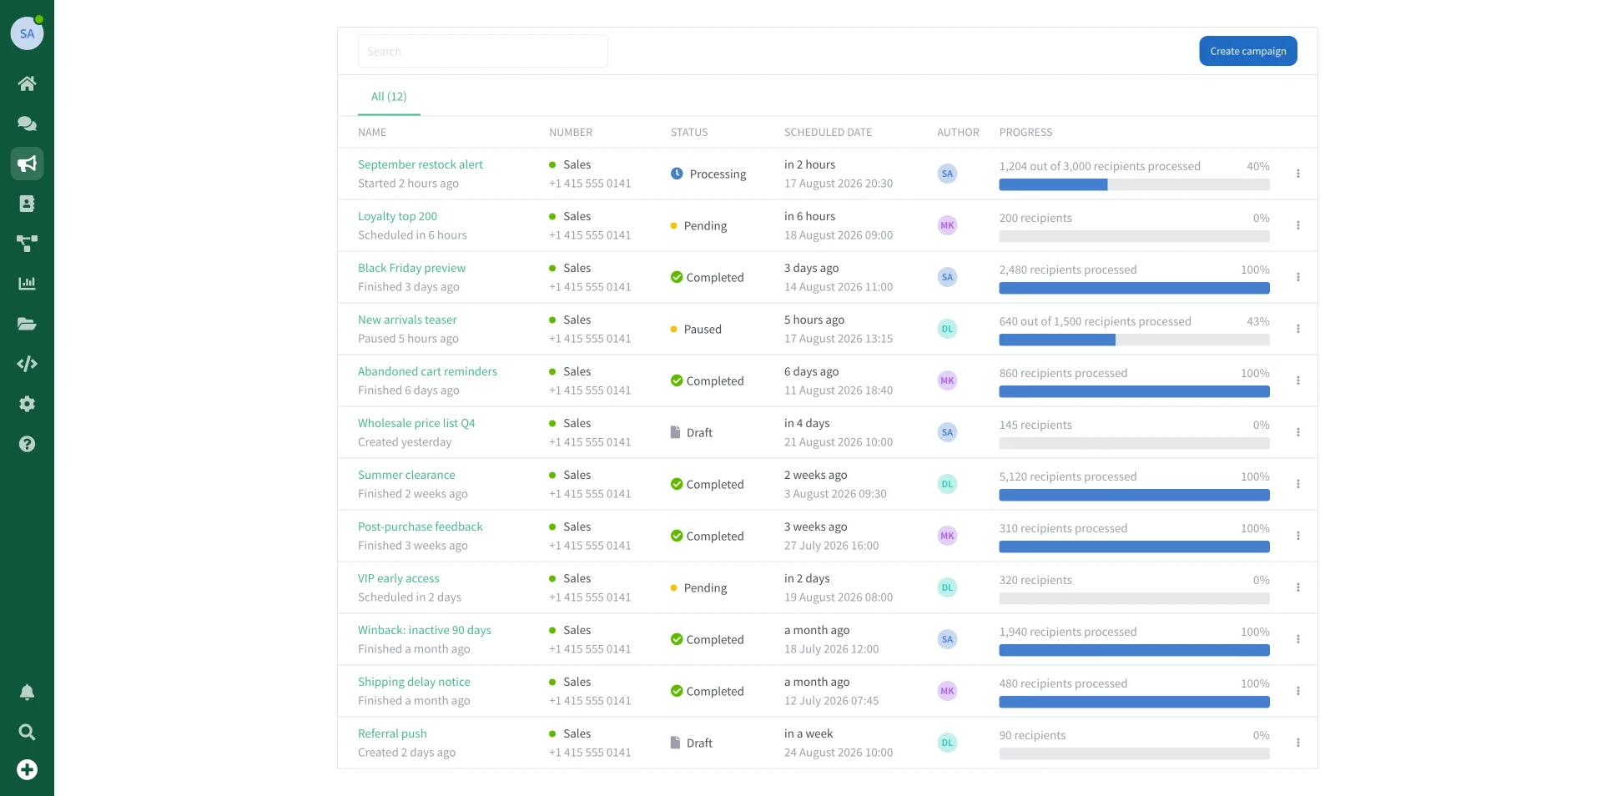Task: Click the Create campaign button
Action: click(1247, 51)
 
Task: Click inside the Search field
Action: click(482, 51)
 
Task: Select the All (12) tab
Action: click(389, 97)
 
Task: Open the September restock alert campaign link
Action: click(421, 164)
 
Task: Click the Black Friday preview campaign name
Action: click(411, 268)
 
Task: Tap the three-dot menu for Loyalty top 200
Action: click(1297, 225)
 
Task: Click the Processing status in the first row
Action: click(708, 174)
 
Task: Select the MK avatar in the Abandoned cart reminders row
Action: click(947, 380)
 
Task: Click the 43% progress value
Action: click(1257, 321)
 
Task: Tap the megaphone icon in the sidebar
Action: click(27, 164)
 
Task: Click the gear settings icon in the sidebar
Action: click(27, 404)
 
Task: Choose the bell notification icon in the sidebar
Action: click(27, 693)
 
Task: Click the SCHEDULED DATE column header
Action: click(828, 133)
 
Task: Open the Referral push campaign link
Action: click(392, 733)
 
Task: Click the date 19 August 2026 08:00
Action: click(838, 597)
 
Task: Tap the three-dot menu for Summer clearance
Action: click(1297, 484)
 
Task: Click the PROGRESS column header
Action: click(1025, 133)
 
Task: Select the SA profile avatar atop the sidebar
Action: click(27, 33)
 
